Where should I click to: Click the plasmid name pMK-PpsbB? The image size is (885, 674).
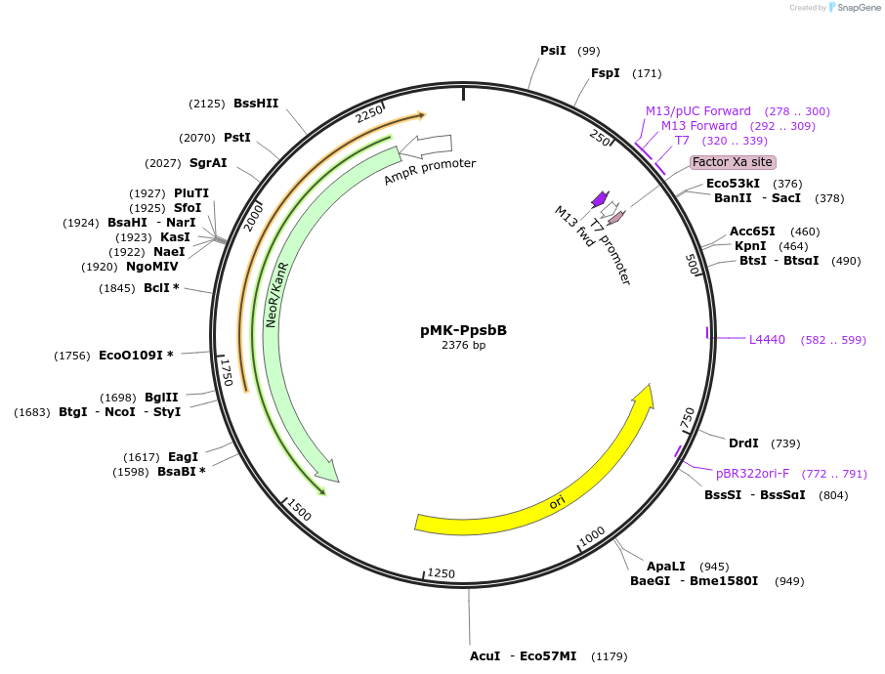pos(463,330)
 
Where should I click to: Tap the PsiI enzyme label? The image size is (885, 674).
pos(553,51)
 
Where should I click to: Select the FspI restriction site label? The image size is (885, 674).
pos(606,73)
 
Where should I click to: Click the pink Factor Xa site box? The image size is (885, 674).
pos(733,162)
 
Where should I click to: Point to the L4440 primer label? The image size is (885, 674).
pos(767,340)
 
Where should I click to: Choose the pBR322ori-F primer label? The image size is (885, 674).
pos(752,474)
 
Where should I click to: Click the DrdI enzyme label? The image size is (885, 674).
pos(743,443)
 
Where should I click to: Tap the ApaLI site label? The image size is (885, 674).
pos(666,567)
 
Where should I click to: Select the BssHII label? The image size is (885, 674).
pos(256,104)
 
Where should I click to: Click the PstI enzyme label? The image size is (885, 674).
pos(237,138)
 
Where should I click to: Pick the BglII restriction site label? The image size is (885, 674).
pos(161,398)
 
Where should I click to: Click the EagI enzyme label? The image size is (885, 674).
pos(183,457)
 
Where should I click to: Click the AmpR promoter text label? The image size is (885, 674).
pos(430,172)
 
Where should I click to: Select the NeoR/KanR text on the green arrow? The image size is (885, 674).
pos(276,294)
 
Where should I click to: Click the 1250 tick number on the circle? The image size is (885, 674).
pos(442,572)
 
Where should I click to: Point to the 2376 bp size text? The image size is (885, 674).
pos(463,346)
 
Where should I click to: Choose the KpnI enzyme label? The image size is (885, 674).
pos(750,246)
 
